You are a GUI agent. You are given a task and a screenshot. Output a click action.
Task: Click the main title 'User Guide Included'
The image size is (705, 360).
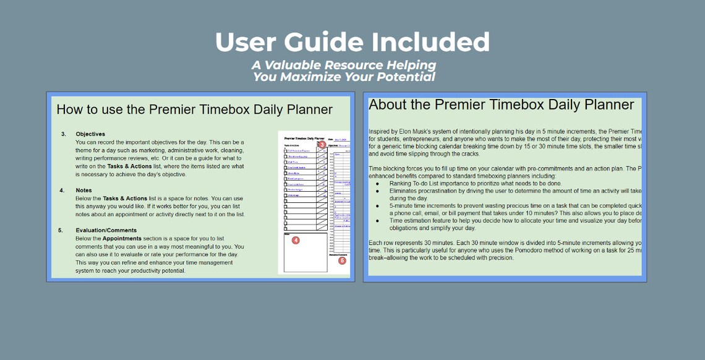tap(352, 42)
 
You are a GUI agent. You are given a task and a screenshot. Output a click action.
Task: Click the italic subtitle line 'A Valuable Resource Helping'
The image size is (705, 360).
tap(343, 65)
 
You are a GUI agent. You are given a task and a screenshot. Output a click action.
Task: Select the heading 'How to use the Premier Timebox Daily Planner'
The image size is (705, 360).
tap(194, 110)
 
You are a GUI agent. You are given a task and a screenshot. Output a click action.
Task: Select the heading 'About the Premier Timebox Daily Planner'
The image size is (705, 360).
tap(501, 105)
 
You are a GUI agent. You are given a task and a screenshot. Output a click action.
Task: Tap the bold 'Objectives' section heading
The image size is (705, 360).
tap(90, 134)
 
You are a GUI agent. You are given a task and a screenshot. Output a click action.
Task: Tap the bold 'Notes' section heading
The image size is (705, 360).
tap(83, 191)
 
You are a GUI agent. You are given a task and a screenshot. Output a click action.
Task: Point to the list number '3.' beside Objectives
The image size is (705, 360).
tap(63, 134)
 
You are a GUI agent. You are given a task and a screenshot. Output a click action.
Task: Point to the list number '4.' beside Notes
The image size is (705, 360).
tap(62, 191)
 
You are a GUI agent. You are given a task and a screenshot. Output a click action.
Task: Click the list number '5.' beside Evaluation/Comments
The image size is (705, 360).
tap(61, 230)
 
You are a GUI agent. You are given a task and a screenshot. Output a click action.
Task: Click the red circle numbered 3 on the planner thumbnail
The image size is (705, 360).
tap(322, 145)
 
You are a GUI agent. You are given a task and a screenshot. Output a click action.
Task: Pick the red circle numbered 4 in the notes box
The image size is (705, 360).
tap(296, 240)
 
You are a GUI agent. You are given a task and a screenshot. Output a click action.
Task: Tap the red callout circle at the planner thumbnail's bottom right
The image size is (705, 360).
tap(342, 260)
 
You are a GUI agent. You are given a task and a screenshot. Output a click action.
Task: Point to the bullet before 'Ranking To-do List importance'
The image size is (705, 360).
tap(377, 184)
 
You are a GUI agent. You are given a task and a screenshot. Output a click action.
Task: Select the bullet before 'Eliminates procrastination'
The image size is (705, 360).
tap(377, 191)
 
